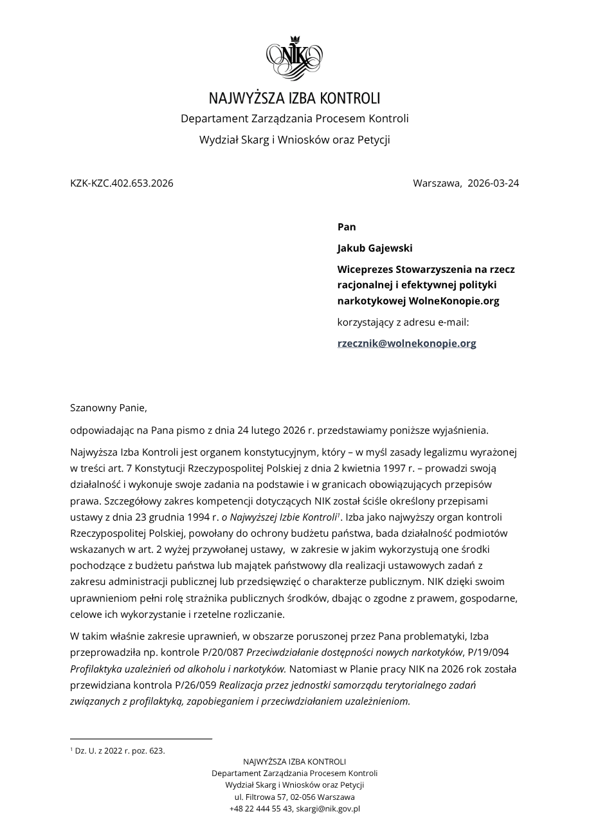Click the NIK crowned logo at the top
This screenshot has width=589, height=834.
[x=294, y=58]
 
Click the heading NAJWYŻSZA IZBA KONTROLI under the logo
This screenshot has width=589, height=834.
[x=294, y=98]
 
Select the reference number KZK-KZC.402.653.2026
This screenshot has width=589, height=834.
[x=122, y=183]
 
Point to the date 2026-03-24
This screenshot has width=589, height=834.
[x=493, y=183]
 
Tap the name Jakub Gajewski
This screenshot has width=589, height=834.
[x=375, y=248]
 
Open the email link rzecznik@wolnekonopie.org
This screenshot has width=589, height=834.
[x=406, y=343]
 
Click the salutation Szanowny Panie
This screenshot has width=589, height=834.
[x=109, y=407]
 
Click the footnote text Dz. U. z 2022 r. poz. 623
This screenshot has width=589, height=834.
[x=120, y=750]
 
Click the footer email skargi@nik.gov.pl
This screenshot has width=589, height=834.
[x=328, y=808]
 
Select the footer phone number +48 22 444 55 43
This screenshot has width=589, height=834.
[x=260, y=808]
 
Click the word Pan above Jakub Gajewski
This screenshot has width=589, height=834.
[x=347, y=227]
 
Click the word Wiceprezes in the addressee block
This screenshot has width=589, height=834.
[x=365, y=269]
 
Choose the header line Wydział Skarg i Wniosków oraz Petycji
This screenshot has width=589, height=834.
[x=294, y=140]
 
